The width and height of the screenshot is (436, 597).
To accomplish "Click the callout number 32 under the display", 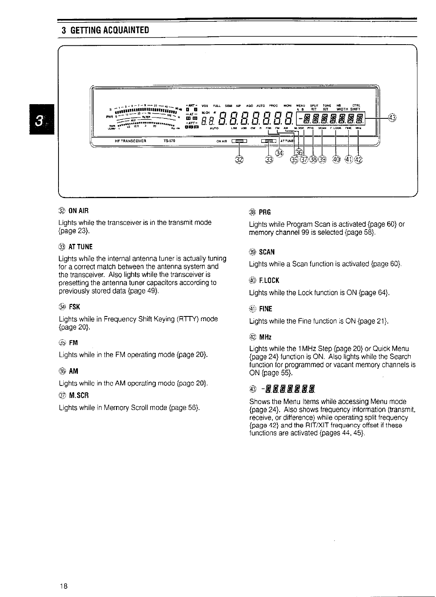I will click(239, 159).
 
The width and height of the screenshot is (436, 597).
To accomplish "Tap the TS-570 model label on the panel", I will click(169, 141).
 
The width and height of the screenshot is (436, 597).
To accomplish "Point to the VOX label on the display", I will click(204, 105).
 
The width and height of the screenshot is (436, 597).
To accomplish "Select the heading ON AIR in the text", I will click(79, 211).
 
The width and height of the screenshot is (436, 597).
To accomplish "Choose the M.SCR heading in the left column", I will click(79, 395).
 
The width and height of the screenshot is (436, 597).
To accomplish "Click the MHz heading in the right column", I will click(265, 337).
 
